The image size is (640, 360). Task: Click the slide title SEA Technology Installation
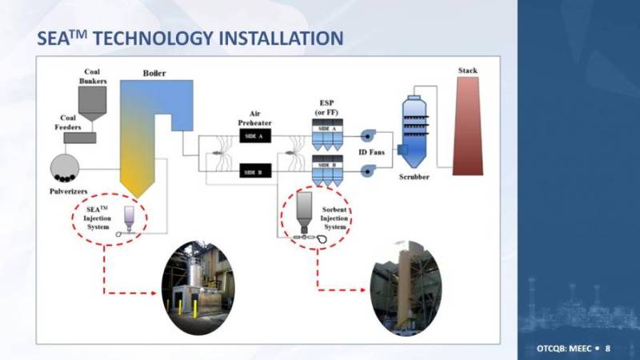[191, 38]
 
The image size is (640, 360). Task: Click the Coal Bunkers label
[97, 76]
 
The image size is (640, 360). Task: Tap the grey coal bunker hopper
[97, 100]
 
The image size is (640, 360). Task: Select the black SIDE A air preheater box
[257, 137]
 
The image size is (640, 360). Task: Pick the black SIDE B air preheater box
[257, 172]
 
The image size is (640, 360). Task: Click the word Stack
[468, 70]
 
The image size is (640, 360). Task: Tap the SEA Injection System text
[97, 217]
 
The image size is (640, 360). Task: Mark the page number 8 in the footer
[607, 349]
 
